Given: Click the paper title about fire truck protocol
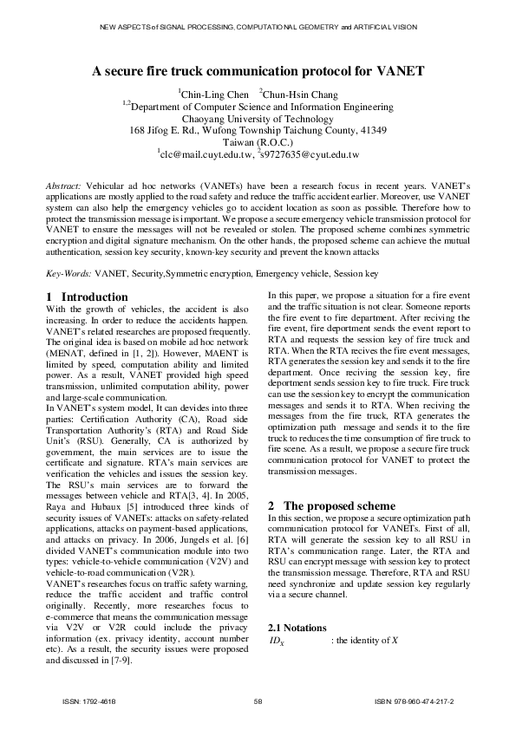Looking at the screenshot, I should point(258,74).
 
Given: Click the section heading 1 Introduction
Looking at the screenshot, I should point(87,297).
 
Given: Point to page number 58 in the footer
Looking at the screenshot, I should point(258,701).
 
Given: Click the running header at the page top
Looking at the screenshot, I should point(258,28).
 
